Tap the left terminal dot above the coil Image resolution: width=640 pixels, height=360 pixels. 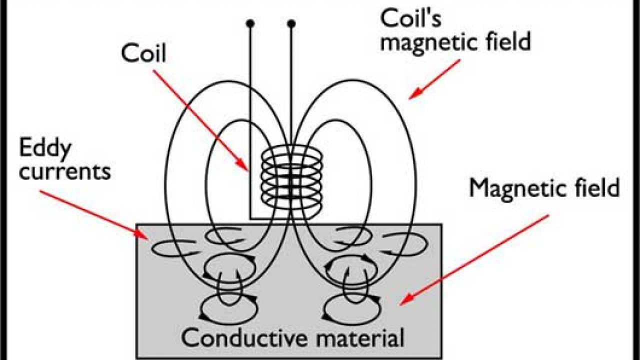250,23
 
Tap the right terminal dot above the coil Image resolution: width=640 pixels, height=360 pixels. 291,23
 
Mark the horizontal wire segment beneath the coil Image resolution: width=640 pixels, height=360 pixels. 270,218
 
